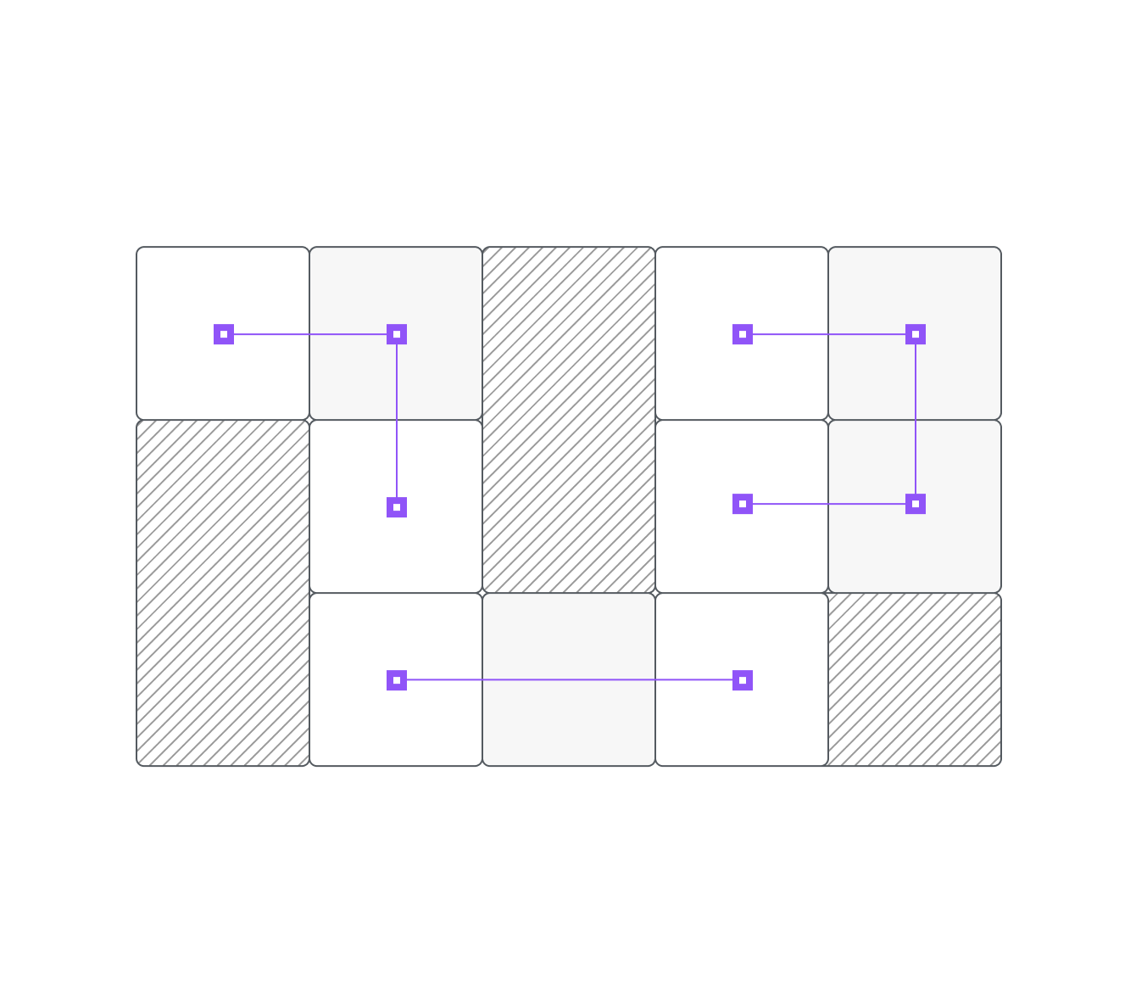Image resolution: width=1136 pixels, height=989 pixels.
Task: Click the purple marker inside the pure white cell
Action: [x=743, y=680]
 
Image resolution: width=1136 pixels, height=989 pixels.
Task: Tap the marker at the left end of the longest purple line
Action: [x=397, y=680]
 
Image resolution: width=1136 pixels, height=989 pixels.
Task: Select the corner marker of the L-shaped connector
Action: [x=397, y=334]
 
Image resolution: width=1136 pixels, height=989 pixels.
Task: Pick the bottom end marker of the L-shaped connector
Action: [x=397, y=507]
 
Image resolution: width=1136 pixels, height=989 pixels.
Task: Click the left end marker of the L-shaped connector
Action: [x=224, y=334]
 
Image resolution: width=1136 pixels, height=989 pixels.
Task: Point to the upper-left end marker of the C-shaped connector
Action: [x=743, y=334]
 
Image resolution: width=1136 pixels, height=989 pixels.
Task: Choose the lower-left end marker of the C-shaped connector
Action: [x=743, y=504]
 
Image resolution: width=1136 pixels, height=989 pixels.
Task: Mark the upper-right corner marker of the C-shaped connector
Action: [x=916, y=334]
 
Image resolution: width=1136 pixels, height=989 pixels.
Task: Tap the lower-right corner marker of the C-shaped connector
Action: [x=916, y=504]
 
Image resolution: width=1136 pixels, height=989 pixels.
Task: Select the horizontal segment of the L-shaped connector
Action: [x=310, y=334]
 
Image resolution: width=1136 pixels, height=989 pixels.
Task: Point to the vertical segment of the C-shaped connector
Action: [x=916, y=419]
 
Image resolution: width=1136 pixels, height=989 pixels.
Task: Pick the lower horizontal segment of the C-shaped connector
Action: [x=829, y=504]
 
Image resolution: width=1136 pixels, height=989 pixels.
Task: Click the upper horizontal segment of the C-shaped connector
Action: [x=829, y=334]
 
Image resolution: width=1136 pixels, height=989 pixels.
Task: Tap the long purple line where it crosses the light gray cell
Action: [x=569, y=680]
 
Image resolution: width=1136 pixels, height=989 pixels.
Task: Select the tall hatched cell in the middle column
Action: [x=569, y=420]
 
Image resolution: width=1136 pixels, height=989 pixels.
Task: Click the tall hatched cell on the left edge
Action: [x=223, y=593]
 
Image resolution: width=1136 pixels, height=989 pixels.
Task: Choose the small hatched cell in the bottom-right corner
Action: [x=915, y=679]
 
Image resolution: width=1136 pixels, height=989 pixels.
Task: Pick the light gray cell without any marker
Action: [x=569, y=721]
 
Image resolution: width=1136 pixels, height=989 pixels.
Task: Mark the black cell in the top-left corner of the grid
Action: [x=223, y=288]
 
